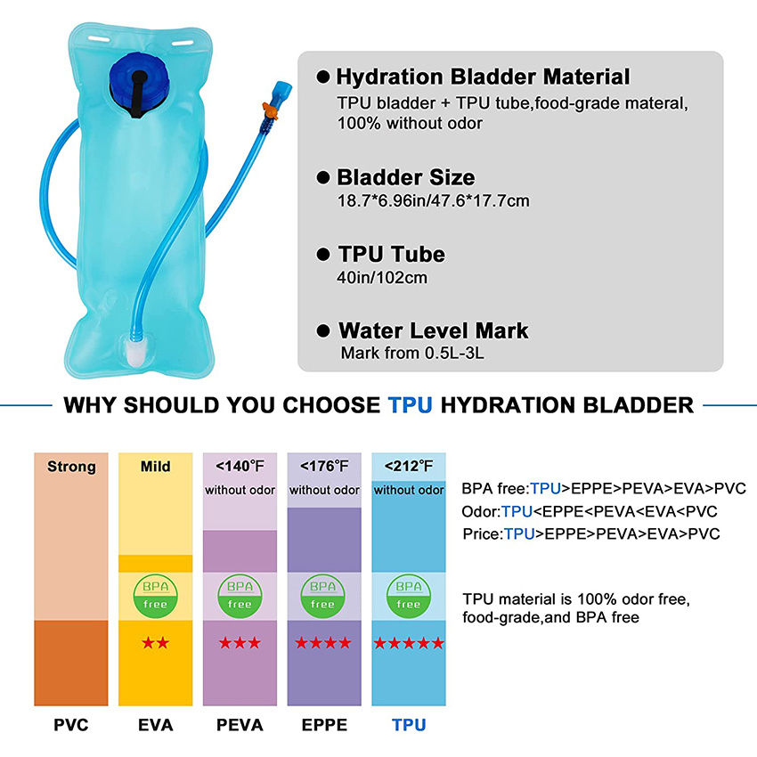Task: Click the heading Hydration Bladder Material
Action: point(484,77)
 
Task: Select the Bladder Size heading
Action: point(405,177)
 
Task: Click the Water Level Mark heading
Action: point(433,331)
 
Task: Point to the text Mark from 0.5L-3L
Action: point(412,354)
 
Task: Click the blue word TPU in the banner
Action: point(411,406)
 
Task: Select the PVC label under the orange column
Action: point(70,725)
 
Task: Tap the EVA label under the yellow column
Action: point(155,725)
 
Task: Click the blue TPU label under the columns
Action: point(409,725)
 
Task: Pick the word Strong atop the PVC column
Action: point(71,466)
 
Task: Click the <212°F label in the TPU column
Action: point(409,466)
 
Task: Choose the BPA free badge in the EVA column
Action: point(155,595)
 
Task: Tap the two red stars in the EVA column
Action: point(155,643)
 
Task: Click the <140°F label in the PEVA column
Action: point(240,466)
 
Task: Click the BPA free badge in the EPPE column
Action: point(323,595)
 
